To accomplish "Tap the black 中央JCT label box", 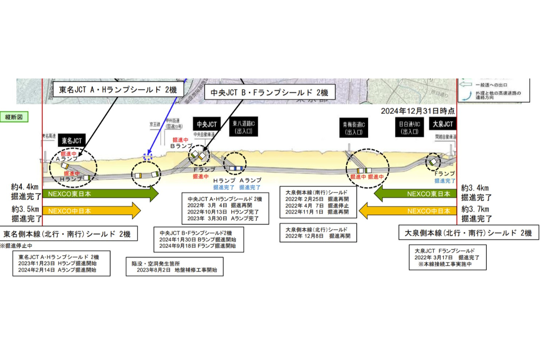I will coord(206,124).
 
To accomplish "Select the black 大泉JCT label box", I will coord(443,124).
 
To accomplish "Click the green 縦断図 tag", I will coord(17,117).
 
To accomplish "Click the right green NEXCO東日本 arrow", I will coord(414,194).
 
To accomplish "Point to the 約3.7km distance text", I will coord(476,210).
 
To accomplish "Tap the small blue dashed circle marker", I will coord(148,157).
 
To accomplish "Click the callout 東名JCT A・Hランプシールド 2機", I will coord(118,89).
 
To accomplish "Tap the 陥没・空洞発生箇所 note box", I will coord(175,266).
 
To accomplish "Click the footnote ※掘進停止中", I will coord(16,246).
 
